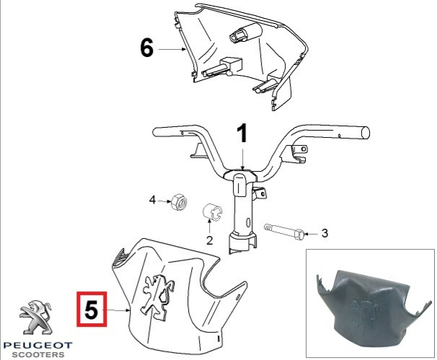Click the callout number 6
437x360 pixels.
click(x=147, y=48)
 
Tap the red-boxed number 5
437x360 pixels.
click(x=92, y=309)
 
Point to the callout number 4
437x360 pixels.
click(x=152, y=200)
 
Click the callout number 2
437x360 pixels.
click(x=210, y=240)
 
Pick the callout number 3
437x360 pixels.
click(x=325, y=233)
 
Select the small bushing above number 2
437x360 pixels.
click(x=212, y=213)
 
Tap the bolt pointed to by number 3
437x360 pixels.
click(x=284, y=230)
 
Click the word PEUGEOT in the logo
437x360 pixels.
click(x=38, y=346)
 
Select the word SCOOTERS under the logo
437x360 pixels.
click(x=38, y=355)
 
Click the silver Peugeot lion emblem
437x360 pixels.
click(x=35, y=317)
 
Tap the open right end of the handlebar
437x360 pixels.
click(x=366, y=133)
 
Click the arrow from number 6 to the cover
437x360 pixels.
click(x=172, y=49)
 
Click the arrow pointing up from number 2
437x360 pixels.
click(x=209, y=227)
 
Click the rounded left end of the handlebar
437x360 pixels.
click(x=156, y=132)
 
